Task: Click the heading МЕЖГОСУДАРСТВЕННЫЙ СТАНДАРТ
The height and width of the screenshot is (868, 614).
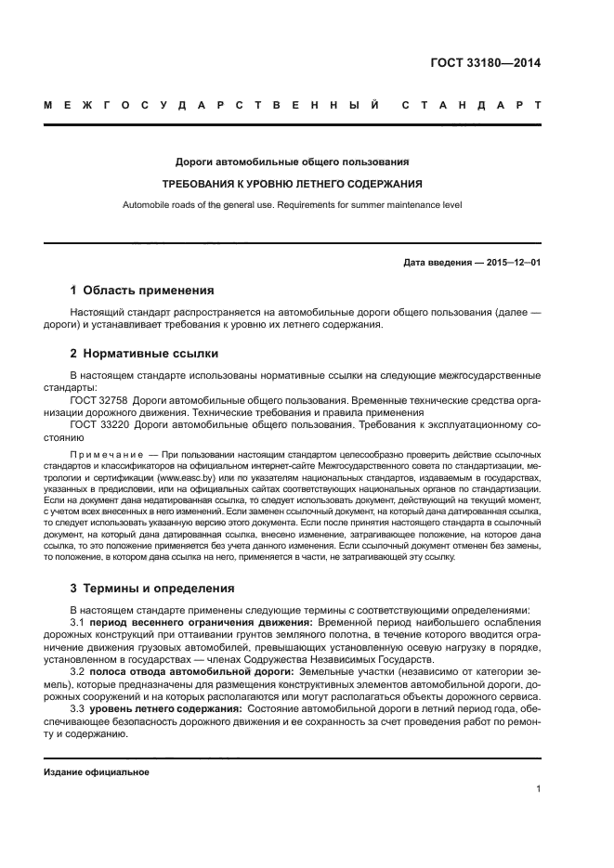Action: [293, 106]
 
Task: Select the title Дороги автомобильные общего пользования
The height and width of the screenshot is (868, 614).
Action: [293, 161]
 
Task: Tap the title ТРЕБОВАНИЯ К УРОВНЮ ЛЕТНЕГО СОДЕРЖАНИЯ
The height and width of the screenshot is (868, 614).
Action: [293, 183]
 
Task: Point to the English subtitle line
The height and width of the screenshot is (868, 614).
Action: [293, 204]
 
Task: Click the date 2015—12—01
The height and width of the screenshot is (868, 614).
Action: [510, 263]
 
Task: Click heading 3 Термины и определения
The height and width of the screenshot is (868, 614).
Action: [153, 588]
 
